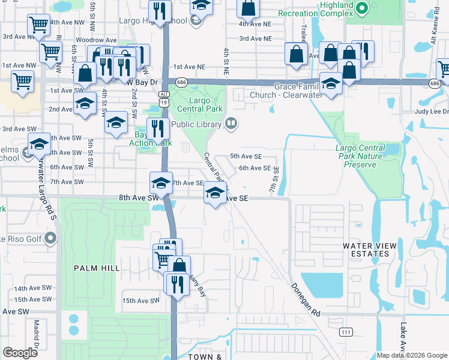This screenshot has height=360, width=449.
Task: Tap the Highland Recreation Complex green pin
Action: point(361,8)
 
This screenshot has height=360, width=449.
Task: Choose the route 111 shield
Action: point(345,332)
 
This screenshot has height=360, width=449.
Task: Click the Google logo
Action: point(20,353)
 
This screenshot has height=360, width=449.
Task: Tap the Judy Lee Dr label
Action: point(432,112)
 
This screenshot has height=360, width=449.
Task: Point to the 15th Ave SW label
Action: point(139,301)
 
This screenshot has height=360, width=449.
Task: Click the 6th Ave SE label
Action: point(255,168)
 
